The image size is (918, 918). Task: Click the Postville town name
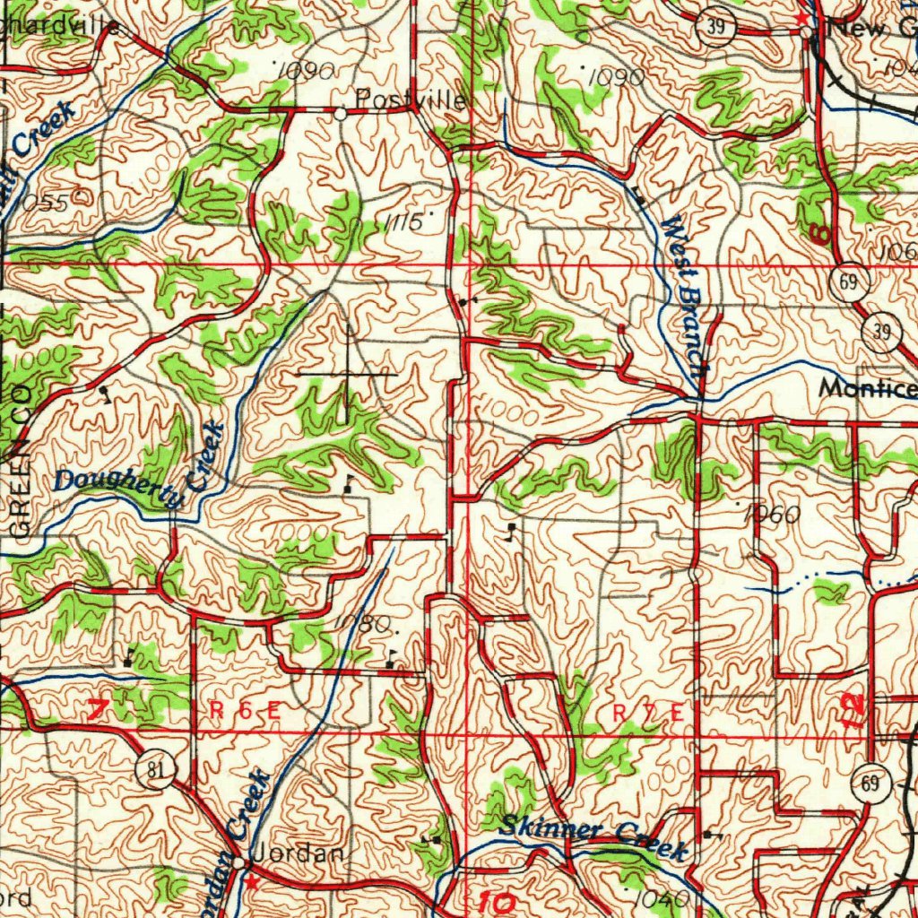click(x=411, y=99)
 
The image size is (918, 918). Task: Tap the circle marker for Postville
click(x=341, y=115)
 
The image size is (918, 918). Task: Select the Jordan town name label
click(x=297, y=854)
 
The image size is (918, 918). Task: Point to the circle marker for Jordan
click(x=247, y=862)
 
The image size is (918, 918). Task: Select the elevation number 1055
click(x=41, y=204)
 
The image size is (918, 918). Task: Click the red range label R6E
click(x=246, y=711)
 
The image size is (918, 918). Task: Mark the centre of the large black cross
click(x=347, y=371)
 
